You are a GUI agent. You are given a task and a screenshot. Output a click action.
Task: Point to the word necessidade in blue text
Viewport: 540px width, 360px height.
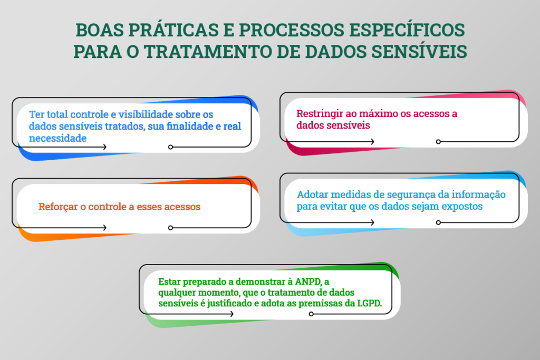57,138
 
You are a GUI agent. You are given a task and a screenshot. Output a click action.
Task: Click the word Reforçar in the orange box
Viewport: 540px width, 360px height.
58,207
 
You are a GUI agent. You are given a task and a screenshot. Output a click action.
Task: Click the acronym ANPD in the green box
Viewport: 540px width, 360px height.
308,281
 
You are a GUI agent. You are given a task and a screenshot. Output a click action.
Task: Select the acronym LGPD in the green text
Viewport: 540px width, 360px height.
369,303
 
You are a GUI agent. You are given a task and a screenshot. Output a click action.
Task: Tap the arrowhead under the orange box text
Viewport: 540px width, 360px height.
105,228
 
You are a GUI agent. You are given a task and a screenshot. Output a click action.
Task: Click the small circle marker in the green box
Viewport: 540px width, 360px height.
311,314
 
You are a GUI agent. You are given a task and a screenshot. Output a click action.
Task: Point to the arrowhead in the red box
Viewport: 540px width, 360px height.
373,141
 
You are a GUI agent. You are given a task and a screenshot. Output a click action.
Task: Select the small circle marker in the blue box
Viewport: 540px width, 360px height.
170,147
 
